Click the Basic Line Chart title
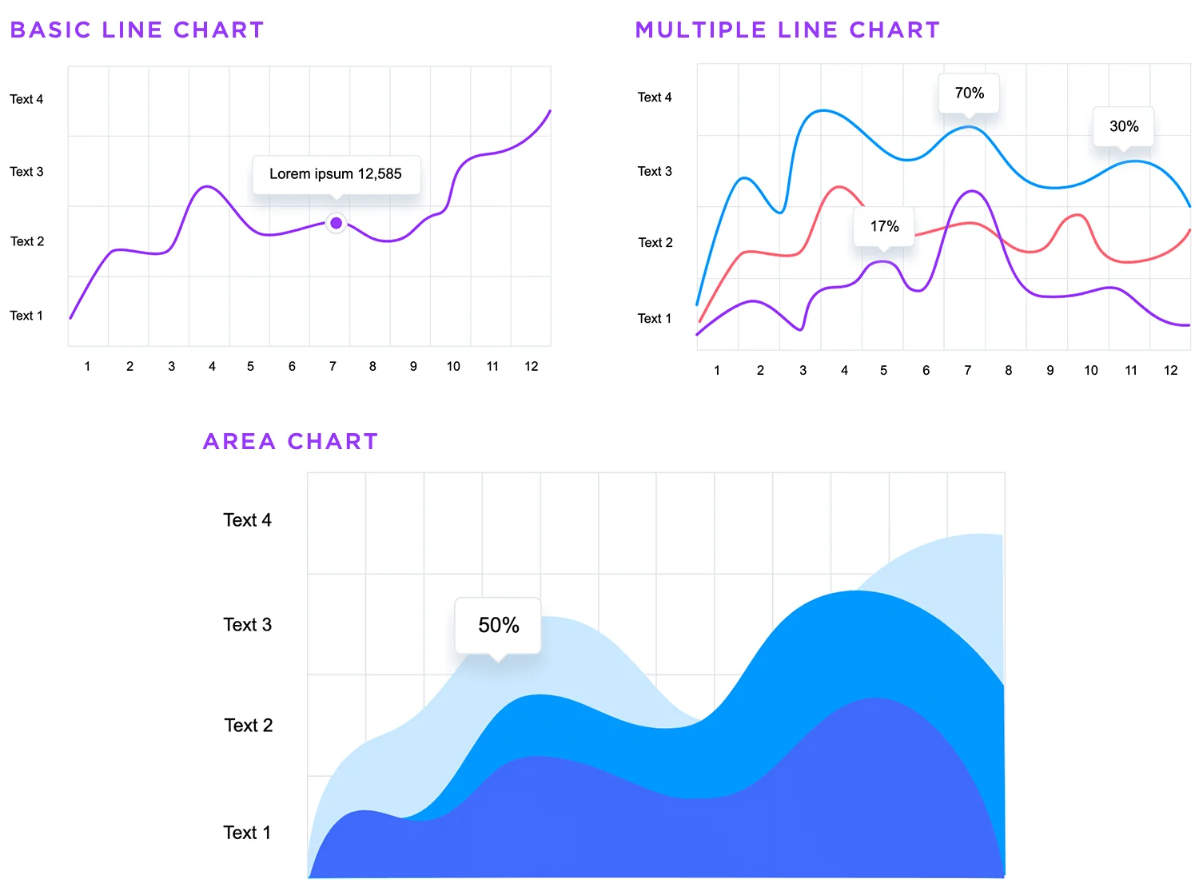(137, 30)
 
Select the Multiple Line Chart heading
(787, 30)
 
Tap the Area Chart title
(290, 441)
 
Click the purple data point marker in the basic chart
(337, 223)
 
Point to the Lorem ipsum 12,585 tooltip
(336, 174)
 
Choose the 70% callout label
(969, 93)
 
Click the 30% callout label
(1124, 126)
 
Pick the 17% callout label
(884, 226)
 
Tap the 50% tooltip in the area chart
(498, 625)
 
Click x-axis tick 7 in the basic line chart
(333, 366)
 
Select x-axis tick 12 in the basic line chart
(531, 366)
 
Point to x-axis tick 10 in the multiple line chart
(1090, 370)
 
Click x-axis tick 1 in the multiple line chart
(717, 370)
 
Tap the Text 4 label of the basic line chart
(26, 99)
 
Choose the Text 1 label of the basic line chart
(26, 316)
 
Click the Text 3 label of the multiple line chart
(655, 171)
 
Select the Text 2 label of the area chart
(248, 725)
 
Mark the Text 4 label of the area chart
(247, 520)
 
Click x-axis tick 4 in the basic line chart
(212, 366)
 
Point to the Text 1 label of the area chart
(247, 833)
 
